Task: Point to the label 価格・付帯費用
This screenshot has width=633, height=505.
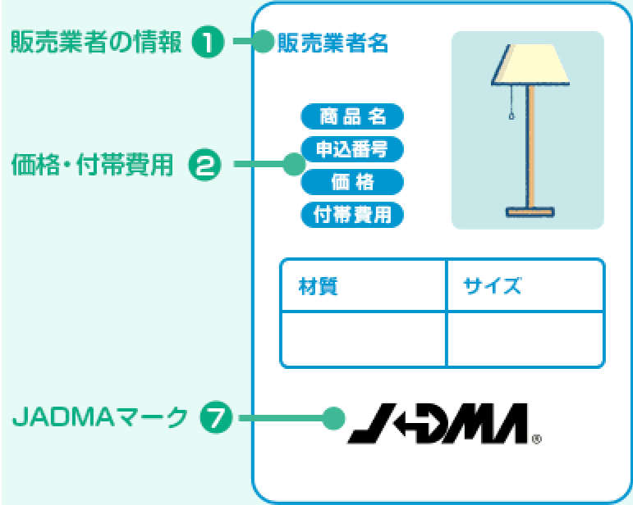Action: pos(93,165)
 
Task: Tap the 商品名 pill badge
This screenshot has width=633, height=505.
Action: pos(353,116)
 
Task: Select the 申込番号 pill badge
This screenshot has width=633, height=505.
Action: pos(353,148)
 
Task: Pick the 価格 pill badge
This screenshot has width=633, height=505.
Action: pos(353,181)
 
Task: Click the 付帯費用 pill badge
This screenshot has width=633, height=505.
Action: pos(353,215)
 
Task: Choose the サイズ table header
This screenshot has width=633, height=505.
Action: pos(493,286)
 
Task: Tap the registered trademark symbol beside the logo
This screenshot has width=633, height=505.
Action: pos(537,439)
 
